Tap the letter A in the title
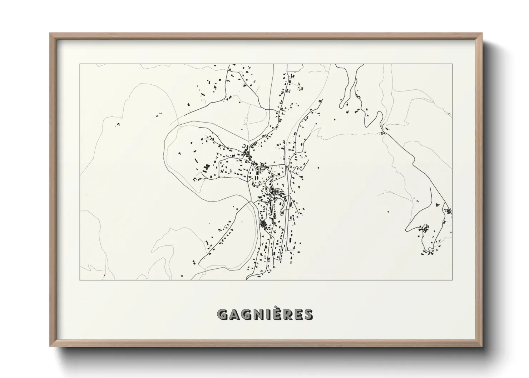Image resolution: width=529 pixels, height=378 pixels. pyautogui.click(x=235, y=314)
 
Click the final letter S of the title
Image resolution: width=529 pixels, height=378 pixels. pyautogui.click(x=308, y=314)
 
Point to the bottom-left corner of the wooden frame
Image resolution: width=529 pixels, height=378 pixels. pyautogui.click(x=50, y=345)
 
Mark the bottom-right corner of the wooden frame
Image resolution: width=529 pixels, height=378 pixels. pyautogui.click(x=482, y=345)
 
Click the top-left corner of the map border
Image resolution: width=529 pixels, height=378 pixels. pyautogui.click(x=80, y=64)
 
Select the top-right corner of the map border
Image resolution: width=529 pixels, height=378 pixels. pyautogui.click(x=453, y=64)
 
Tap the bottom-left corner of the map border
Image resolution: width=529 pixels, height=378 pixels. pyautogui.click(x=80, y=280)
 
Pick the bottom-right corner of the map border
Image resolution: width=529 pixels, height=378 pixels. pyautogui.click(x=453, y=280)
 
